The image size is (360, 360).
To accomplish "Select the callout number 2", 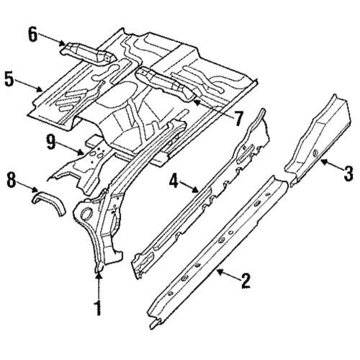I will click(246, 280).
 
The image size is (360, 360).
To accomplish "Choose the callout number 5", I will click(10, 78).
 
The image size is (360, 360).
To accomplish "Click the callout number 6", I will click(32, 32).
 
